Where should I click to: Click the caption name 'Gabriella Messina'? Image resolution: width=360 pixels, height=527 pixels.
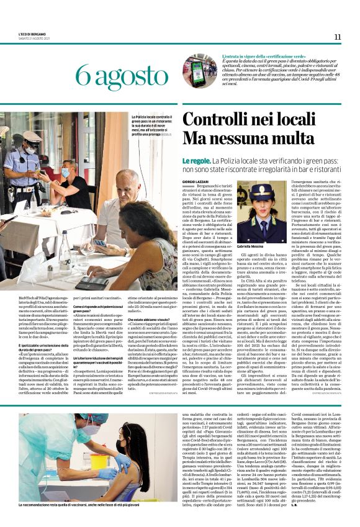(x=256, y=246)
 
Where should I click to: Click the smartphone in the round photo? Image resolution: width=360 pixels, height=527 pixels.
(x=198, y=71)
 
